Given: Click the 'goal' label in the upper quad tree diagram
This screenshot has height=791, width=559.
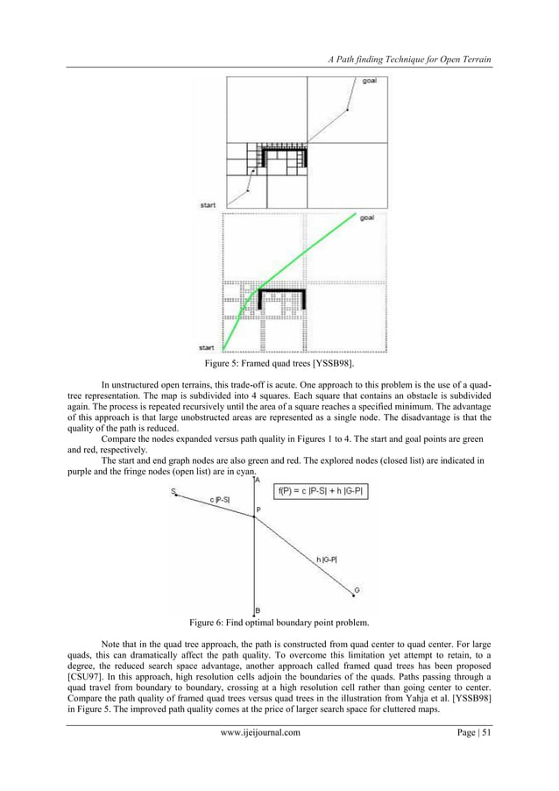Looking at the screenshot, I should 371,82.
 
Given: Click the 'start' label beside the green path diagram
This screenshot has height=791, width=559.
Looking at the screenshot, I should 208,348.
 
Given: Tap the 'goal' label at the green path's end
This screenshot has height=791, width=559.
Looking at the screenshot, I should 369,218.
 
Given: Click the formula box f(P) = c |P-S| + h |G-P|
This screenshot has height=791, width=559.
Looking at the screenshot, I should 322,491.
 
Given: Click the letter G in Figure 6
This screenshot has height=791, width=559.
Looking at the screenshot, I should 355,590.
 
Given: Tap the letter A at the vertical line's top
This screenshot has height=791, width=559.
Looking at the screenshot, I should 257,480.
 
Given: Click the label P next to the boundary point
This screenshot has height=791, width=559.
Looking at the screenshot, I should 258,510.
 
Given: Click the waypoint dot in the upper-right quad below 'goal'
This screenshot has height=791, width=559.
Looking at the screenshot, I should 348,111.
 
